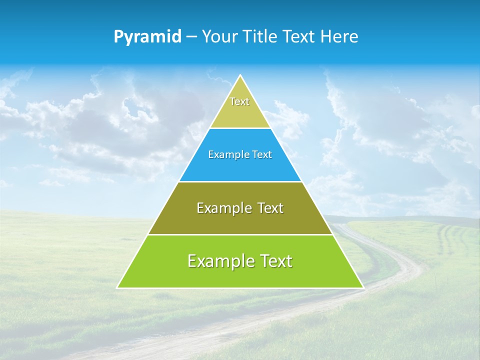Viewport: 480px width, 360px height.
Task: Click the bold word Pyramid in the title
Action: pyautogui.click(x=147, y=37)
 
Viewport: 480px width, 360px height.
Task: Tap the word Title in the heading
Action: pyautogui.click(x=262, y=37)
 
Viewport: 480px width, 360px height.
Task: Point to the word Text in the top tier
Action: pyautogui.click(x=239, y=101)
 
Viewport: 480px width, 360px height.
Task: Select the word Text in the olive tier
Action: pyautogui.click(x=270, y=208)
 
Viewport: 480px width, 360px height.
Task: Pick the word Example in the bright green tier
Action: pyautogui.click(x=220, y=261)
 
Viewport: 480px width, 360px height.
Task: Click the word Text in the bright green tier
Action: pyautogui.click(x=276, y=261)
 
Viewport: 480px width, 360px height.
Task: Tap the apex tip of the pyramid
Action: pyautogui.click(x=240, y=76)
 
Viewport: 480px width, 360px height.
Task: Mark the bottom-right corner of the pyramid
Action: pyautogui.click(x=362, y=287)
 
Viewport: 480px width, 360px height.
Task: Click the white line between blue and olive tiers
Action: pyautogui.click(x=240, y=181)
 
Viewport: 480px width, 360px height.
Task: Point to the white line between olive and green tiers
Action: pyautogui.click(x=240, y=234)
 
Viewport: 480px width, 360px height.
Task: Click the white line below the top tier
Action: pyautogui.click(x=240, y=128)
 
